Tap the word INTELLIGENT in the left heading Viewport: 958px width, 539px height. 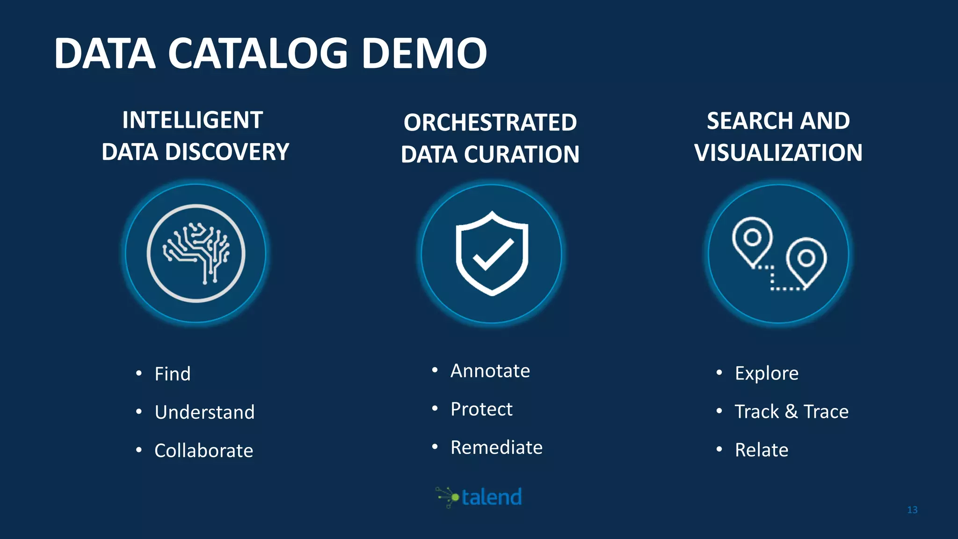point(192,120)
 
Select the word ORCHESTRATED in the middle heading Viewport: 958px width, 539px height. point(490,123)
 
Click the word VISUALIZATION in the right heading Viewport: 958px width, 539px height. point(778,153)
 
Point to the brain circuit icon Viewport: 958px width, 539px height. point(196,253)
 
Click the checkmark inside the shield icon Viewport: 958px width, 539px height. point(493,255)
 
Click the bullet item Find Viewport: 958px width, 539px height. point(173,374)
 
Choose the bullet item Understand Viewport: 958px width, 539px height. point(204,412)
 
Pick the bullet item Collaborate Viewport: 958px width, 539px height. point(203,451)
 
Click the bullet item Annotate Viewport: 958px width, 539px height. point(490,371)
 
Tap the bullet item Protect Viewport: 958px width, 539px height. point(481,409)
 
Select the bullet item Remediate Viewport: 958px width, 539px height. point(496,447)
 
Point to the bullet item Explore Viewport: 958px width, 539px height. point(767,373)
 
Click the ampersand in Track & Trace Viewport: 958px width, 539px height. point(791,411)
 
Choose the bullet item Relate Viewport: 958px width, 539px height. point(761,450)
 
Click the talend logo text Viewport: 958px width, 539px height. point(491,497)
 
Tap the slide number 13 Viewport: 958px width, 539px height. point(912,510)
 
